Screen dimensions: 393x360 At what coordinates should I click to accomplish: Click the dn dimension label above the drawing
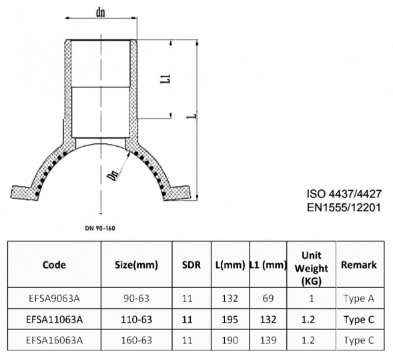click(101, 12)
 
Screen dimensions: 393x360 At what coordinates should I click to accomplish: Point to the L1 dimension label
click(165, 79)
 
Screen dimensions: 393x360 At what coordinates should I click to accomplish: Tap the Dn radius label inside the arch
click(113, 175)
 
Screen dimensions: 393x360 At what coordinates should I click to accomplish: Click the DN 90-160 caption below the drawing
click(100, 228)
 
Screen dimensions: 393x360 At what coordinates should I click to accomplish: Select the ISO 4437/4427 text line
click(344, 194)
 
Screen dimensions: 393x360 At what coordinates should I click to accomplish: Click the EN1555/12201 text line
click(344, 207)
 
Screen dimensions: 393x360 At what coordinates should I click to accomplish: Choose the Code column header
click(54, 265)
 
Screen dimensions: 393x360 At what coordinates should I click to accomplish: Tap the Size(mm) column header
click(136, 265)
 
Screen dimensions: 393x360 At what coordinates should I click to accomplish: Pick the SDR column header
click(191, 265)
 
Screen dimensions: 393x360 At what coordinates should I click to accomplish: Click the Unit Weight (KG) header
click(312, 268)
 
